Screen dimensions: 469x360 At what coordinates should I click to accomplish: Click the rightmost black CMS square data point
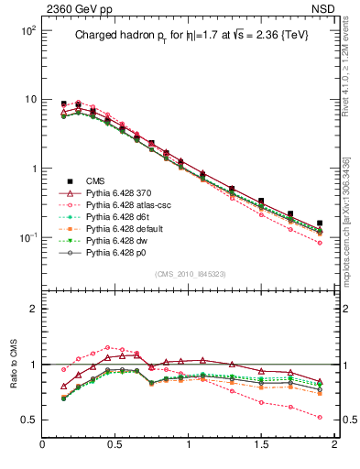pos(320,223)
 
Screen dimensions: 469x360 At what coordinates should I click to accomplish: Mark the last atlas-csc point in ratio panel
pos(320,417)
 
